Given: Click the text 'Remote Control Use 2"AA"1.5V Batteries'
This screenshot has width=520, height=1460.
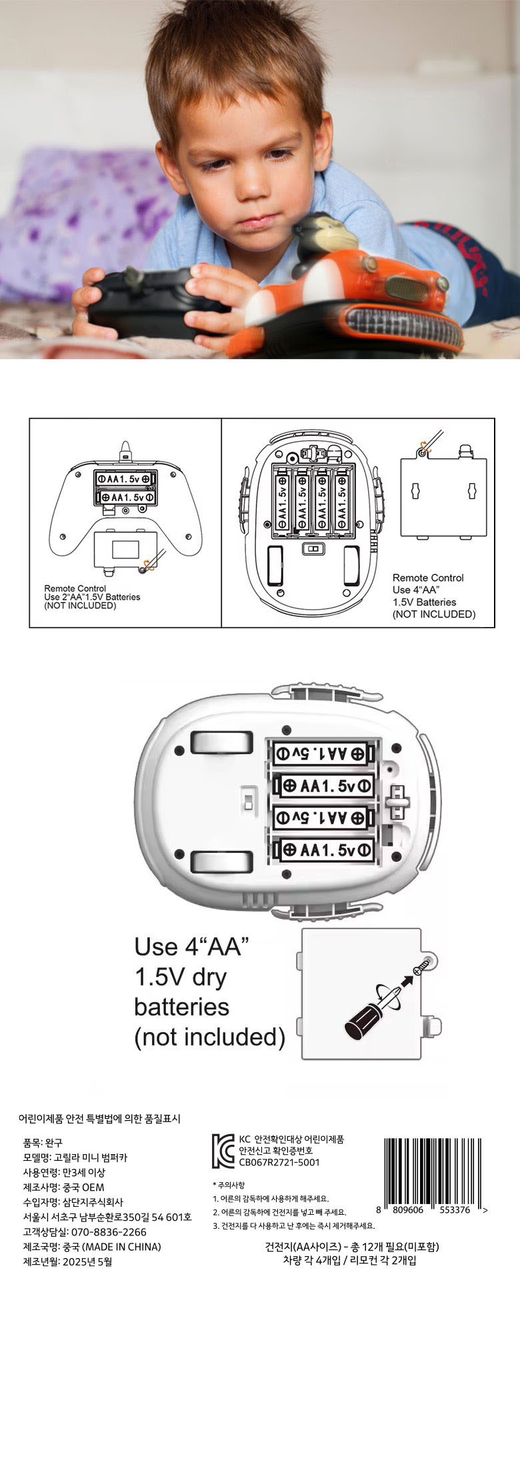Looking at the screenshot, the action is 92,597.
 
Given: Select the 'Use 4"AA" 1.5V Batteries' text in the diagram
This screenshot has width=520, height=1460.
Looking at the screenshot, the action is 433,596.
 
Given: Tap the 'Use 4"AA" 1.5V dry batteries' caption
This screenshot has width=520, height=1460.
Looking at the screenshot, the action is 209,992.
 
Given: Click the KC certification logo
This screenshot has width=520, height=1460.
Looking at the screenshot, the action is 223,1151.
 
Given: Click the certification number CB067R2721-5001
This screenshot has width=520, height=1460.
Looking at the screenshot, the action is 279,1162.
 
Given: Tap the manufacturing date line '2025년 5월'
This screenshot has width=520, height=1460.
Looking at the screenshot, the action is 87,1261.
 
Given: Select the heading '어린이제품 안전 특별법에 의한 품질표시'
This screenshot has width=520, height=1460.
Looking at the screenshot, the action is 99,1119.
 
